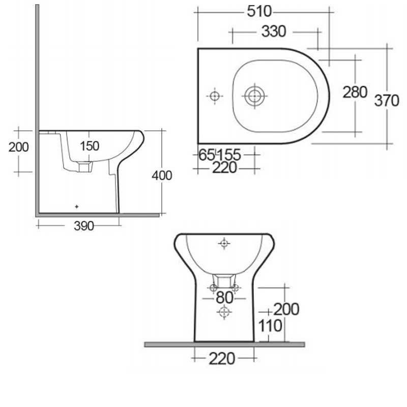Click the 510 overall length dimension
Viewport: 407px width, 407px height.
(264, 11)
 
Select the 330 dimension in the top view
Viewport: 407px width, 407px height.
(274, 32)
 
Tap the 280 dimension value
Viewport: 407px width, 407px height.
(355, 92)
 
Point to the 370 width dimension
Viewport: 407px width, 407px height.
(387, 101)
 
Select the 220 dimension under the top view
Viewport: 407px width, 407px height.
(224, 167)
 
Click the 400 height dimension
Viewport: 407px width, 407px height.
(162, 176)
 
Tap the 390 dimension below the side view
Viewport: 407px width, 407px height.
(84, 226)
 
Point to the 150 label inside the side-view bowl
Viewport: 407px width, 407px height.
(90, 146)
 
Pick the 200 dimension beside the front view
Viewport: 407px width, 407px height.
(286, 309)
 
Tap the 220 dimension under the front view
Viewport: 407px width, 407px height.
(222, 359)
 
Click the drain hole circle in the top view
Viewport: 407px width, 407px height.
(254, 96)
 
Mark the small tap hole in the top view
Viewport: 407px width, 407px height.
(215, 96)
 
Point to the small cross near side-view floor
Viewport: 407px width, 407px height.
(76, 206)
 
